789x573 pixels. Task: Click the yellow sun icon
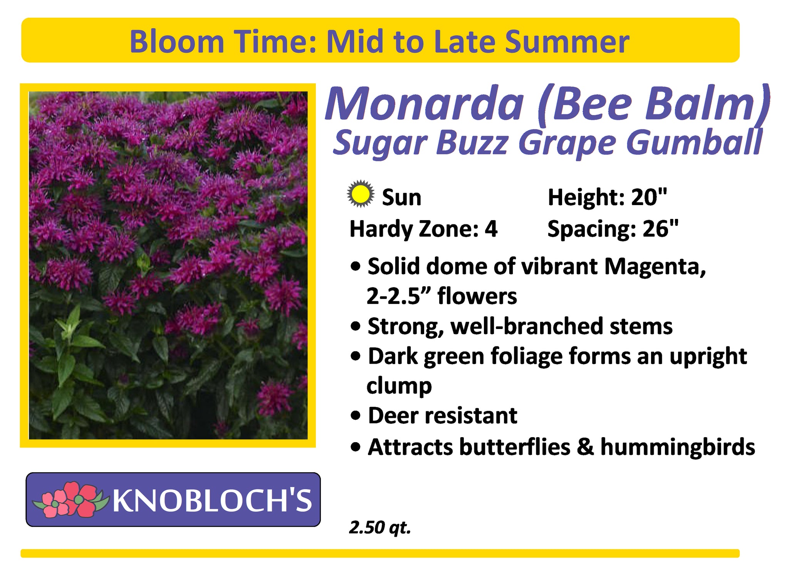pyautogui.click(x=360, y=194)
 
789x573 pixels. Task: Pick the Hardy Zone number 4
pyautogui.click(x=491, y=229)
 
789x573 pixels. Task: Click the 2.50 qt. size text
pyautogui.click(x=380, y=527)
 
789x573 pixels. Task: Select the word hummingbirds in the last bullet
pyautogui.click(x=678, y=447)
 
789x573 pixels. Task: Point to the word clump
pyautogui.click(x=399, y=386)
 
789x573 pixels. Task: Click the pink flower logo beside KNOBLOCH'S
pyautogui.click(x=69, y=499)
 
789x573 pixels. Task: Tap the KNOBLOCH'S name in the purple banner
pyautogui.click(x=212, y=500)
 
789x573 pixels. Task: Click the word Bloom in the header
pyautogui.click(x=177, y=42)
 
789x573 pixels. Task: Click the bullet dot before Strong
pyautogui.click(x=356, y=327)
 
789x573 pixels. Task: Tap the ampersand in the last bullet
pyautogui.click(x=585, y=447)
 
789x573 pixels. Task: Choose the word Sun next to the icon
pyautogui.click(x=401, y=198)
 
